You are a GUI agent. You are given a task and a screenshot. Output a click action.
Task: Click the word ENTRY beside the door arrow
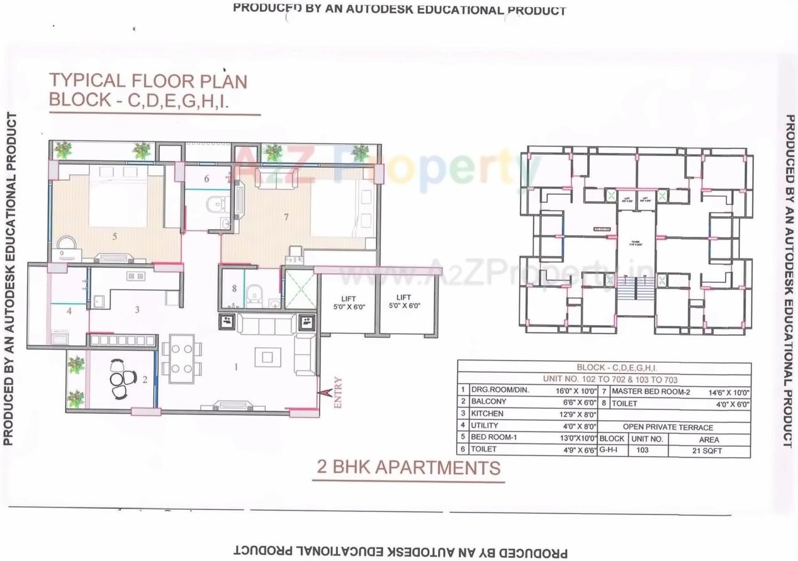(x=339, y=393)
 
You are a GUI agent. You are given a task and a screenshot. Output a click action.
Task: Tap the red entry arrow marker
(x=325, y=393)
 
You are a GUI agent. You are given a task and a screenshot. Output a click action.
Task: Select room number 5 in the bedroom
(x=115, y=236)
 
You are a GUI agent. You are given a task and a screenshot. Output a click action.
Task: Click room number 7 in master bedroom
(x=286, y=217)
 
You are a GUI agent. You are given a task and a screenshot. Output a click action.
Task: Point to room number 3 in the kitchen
(x=137, y=309)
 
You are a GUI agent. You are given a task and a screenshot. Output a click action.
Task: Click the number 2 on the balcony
(x=144, y=379)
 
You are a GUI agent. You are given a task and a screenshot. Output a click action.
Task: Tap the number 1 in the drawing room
(x=237, y=367)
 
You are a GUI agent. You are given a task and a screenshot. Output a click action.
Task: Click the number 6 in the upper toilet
(x=206, y=179)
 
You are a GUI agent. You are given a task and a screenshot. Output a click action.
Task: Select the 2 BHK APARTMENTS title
(x=409, y=467)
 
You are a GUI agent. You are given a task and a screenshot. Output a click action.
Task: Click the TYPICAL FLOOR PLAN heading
(x=148, y=81)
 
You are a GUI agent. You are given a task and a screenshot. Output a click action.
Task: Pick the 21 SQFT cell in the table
(x=709, y=450)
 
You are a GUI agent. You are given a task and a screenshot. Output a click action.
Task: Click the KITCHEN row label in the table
(x=487, y=413)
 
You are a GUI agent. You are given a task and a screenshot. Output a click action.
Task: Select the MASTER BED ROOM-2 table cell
(x=650, y=391)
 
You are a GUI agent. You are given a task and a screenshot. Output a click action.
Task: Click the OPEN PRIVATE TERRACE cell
(x=677, y=426)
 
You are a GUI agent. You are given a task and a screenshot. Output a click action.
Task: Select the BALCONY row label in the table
(x=488, y=401)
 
